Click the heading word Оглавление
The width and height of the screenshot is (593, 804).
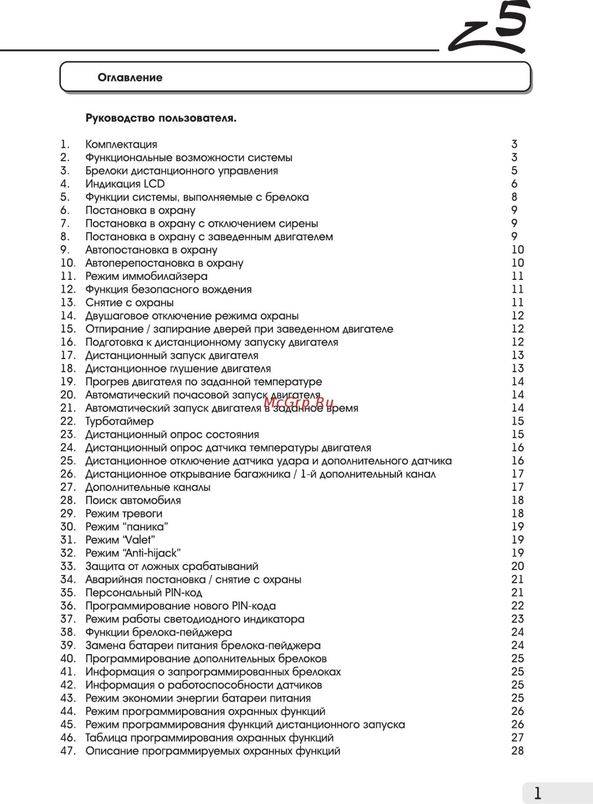tap(130, 78)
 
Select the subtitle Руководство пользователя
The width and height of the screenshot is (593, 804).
tap(161, 118)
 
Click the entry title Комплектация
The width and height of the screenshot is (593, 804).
tap(121, 144)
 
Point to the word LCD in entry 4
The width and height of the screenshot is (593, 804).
tap(154, 184)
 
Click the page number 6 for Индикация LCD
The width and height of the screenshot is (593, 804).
tap(514, 184)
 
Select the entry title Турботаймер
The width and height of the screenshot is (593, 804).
tap(119, 421)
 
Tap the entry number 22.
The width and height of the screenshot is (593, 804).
tap(68, 421)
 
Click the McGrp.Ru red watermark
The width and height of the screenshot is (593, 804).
tap(299, 402)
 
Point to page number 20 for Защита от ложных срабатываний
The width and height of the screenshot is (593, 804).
tap(517, 566)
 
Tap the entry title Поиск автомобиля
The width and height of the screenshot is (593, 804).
tap(133, 500)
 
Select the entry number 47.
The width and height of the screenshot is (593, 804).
tap(68, 751)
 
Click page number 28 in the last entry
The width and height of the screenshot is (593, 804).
tap(517, 751)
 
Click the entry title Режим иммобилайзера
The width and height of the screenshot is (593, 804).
tap(146, 276)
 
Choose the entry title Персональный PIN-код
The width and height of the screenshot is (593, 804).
tap(144, 592)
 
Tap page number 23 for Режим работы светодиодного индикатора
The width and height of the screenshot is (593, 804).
tap(517, 619)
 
